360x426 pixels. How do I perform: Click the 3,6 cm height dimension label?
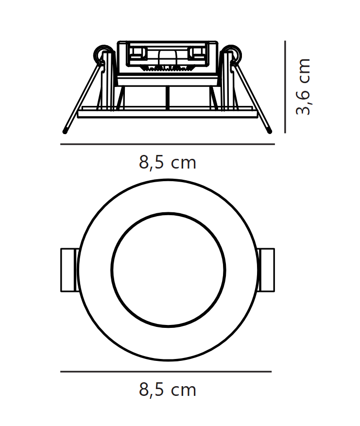pos(303,86)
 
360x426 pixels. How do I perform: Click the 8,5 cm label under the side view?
pos(167,162)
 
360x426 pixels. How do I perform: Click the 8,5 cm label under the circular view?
pos(167,390)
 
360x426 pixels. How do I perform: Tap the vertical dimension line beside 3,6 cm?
pos(285,87)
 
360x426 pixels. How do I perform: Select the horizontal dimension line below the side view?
pos(167,144)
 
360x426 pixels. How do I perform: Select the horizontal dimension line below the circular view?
pos(166,372)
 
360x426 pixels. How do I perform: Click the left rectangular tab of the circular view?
pos(68,270)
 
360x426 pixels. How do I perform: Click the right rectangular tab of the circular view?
pos(266,270)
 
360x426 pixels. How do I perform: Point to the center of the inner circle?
pos(168,270)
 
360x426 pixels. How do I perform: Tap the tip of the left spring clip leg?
pos(65,132)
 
